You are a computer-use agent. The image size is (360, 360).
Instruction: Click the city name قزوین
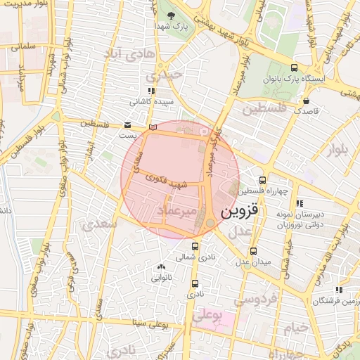(240, 210)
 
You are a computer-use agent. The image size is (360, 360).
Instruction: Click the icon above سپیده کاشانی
(150, 91)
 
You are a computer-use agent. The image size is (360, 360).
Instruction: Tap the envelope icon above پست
(127, 124)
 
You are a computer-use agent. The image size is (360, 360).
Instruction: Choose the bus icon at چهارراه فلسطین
(262, 180)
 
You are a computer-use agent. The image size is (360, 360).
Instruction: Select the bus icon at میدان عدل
(254, 251)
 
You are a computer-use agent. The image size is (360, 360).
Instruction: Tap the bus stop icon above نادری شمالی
(195, 246)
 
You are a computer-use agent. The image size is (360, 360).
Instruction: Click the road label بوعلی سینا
(150, 324)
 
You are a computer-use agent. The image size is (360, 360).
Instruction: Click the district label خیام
(297, 328)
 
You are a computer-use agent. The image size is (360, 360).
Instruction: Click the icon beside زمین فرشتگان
(339, 290)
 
